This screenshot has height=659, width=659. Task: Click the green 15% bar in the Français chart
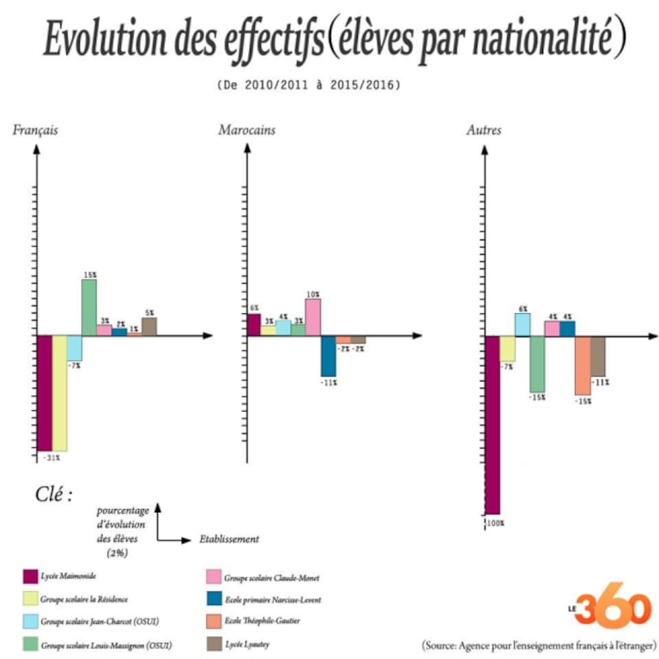pos(88,307)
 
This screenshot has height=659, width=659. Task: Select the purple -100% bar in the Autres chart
pos(493,424)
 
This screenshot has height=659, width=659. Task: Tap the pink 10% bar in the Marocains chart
pos(313,317)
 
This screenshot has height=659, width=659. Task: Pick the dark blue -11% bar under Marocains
pos(329,355)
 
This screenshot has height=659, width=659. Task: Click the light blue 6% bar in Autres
pos(522,323)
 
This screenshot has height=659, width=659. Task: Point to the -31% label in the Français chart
pos(51,457)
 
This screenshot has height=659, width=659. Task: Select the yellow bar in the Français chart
pos(59,392)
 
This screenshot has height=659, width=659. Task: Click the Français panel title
pos(35,130)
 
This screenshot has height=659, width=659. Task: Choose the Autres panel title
pos(483,130)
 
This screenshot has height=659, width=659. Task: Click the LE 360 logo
pos(611,609)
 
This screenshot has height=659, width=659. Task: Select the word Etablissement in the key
pos(229,540)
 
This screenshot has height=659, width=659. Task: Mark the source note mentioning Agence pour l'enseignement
pos(539,644)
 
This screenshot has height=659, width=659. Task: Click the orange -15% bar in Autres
pos(583,365)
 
